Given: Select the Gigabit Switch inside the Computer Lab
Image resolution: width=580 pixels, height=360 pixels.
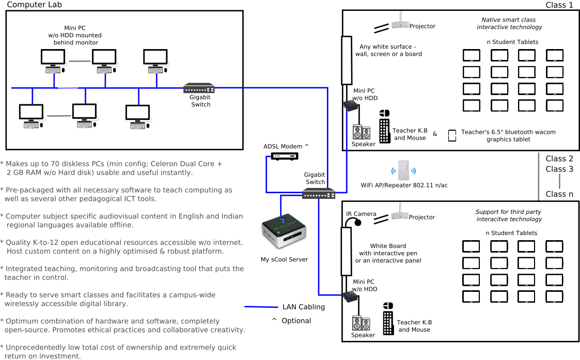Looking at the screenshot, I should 199,88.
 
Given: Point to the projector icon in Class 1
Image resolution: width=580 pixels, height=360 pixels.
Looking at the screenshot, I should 400,24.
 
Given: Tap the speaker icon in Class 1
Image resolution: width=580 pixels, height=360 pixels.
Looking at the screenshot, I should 362,132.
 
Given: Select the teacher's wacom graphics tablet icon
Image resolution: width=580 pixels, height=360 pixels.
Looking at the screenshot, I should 452,135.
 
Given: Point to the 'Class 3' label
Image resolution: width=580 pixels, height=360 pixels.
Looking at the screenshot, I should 559,169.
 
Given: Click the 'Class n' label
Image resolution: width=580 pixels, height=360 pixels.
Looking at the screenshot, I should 559,194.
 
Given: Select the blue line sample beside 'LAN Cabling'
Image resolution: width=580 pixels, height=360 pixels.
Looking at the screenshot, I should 261,307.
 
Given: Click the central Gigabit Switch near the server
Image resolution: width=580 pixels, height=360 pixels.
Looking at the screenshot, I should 318,194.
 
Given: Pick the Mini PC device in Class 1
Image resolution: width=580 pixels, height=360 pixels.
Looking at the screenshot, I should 351,105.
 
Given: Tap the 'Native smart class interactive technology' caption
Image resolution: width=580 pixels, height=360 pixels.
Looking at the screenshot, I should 509,23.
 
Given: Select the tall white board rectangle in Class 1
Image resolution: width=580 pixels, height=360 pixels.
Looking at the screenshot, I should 346,60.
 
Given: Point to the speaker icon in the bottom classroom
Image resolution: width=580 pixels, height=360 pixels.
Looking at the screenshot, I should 361,323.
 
